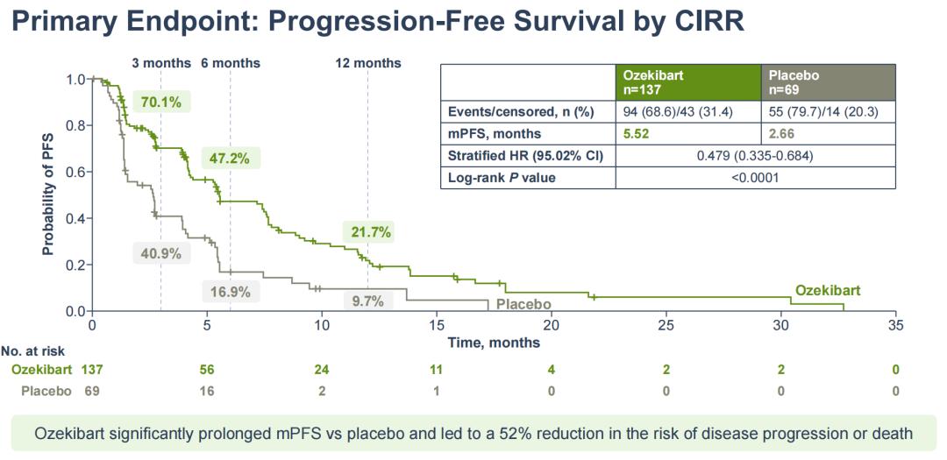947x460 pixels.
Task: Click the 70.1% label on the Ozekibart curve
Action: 161,103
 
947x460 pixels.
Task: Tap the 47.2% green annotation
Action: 229,159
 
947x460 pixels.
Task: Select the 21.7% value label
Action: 367,232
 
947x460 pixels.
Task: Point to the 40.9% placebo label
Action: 161,253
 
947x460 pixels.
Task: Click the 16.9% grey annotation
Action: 231,292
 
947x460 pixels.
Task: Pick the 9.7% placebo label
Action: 368,301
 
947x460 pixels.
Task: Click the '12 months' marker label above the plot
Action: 368,63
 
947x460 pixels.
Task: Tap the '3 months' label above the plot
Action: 160,63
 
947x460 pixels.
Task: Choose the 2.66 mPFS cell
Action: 785,134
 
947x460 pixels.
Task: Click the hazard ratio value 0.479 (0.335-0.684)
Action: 755,156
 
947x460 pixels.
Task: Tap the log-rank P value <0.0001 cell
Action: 755,178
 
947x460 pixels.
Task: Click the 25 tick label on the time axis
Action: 666,325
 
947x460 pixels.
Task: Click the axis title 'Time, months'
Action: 494,343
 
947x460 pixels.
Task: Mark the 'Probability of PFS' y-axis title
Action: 48,195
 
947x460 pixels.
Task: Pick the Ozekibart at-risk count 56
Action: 207,370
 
